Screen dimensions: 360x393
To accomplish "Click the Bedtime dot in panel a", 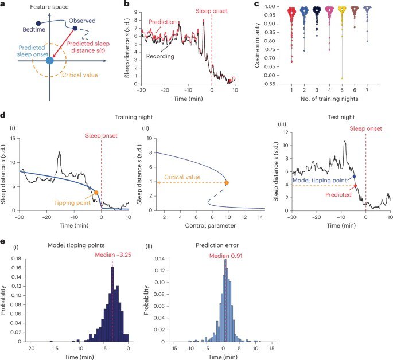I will (38, 24).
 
